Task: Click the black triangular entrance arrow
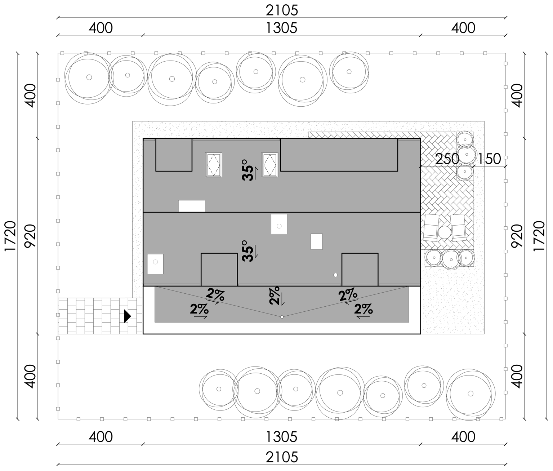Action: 127,316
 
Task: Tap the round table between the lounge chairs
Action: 445,232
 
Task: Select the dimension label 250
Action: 447,159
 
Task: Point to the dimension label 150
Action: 489,159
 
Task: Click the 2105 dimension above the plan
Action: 282,11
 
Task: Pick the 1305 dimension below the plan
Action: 281,437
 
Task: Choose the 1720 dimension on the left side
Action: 10,236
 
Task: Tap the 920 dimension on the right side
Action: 517,236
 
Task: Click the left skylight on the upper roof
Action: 214,165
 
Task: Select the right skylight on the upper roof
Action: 270,165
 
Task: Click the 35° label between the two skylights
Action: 247,170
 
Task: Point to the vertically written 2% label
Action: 275,296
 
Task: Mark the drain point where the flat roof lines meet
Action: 282,317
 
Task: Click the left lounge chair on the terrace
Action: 431,228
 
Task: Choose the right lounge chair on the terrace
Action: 458,228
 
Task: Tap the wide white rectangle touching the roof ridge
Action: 192,206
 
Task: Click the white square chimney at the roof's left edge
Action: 155,264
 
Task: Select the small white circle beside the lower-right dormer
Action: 335,275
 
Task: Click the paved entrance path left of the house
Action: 100,316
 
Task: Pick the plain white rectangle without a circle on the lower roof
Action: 317,241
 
